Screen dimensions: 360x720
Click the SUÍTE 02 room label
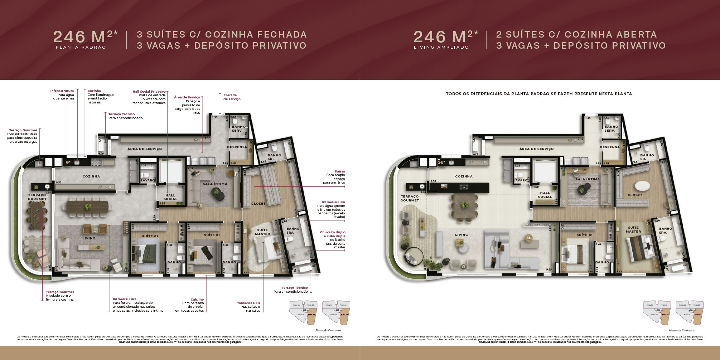150,236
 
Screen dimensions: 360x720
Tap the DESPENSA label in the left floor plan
237,147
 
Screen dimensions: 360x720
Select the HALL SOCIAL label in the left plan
170,197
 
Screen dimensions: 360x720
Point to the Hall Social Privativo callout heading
149,92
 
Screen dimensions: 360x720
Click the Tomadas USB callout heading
248,303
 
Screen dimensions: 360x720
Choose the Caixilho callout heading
197,300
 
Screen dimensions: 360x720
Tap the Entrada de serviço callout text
232,97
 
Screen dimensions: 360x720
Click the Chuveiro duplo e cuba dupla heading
332,234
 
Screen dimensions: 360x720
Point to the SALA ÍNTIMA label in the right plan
587,179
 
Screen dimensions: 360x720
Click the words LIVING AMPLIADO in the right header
441,47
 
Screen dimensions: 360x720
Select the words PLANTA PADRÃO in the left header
81,47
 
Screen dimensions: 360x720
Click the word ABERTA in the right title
637,35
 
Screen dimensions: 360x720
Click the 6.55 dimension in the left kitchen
58,182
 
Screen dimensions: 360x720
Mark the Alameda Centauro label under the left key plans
328,330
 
